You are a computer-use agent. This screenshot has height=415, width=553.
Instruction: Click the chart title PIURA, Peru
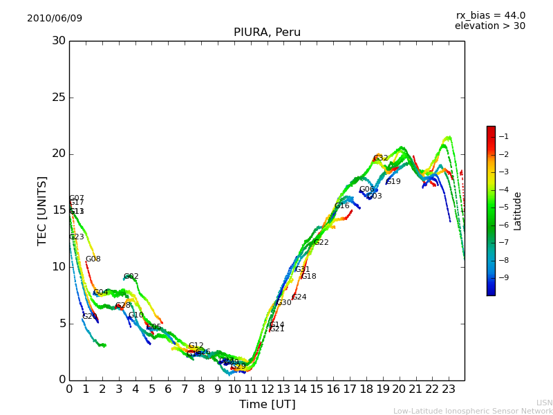(267, 33)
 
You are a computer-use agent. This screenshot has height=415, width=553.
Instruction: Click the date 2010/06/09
(55, 19)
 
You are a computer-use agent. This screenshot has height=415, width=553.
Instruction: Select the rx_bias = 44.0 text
(491, 16)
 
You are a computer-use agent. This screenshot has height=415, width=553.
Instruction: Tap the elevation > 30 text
(490, 26)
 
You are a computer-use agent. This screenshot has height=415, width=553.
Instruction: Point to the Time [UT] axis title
(267, 405)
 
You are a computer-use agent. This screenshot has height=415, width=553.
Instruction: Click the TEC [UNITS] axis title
(42, 210)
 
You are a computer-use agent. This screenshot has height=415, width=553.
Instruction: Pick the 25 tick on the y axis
(59, 98)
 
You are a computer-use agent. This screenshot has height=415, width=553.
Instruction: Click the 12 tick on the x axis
(268, 389)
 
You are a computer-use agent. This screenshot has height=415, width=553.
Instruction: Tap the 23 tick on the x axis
(449, 389)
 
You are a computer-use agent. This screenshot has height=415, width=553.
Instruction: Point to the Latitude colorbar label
(518, 211)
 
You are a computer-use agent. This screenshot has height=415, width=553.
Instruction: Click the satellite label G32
(381, 158)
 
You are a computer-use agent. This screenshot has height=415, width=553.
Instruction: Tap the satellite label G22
(321, 243)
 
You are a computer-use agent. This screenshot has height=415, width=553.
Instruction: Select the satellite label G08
(93, 259)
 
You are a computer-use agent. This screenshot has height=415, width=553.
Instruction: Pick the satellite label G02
(131, 277)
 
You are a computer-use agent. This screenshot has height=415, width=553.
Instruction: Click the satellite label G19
(393, 182)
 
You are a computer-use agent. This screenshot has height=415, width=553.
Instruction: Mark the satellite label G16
(342, 206)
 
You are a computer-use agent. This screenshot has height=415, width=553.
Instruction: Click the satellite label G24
(299, 297)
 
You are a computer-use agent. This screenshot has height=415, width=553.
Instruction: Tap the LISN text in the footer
(544, 403)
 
